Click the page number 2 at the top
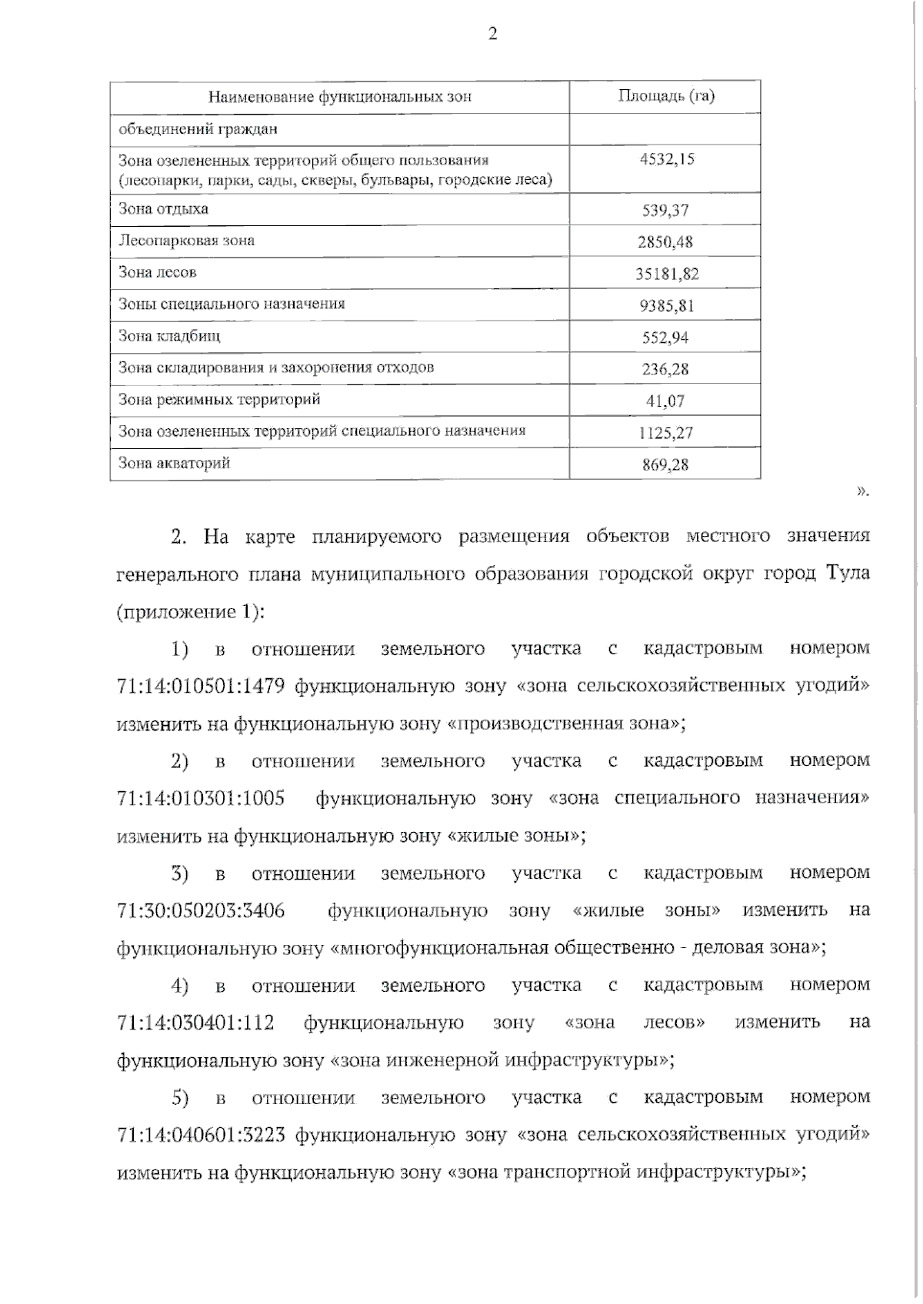tap(493, 34)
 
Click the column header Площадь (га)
tap(666, 96)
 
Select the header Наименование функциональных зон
tap(340, 97)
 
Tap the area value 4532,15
tap(666, 159)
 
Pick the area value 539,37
tap(666, 211)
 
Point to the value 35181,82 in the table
tap(666, 274)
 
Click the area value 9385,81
tap(666, 306)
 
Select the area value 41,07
tap(666, 401)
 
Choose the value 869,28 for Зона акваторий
tap(666, 464)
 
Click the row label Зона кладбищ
tap(169, 336)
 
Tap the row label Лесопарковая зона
tap(186, 241)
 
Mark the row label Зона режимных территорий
tap(219, 400)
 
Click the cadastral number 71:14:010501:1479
tap(201, 685)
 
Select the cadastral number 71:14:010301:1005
tap(201, 798)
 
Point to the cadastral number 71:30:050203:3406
tap(201, 911)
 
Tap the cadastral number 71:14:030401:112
tap(195, 1023)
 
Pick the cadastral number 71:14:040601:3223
tap(201, 1136)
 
